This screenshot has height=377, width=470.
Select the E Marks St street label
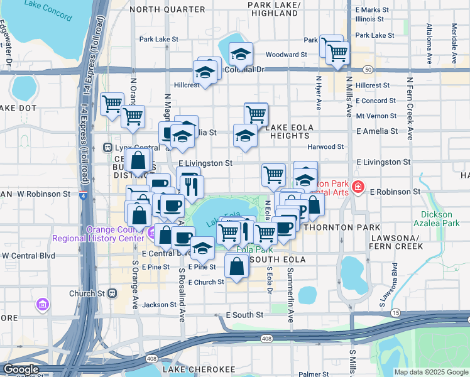(372, 10)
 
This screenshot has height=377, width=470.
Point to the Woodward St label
(286, 55)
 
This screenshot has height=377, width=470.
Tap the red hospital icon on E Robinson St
(358, 187)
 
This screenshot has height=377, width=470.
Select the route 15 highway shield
(395, 312)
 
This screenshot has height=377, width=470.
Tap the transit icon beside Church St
(112, 293)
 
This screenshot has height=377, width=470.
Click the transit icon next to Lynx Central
(107, 148)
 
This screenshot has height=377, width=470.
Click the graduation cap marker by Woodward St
(240, 55)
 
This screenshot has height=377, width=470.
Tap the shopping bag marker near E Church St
(236, 266)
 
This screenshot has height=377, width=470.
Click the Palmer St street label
(314, 374)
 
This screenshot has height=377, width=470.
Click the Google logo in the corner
(21, 370)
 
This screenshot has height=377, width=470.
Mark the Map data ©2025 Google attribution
(431, 372)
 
